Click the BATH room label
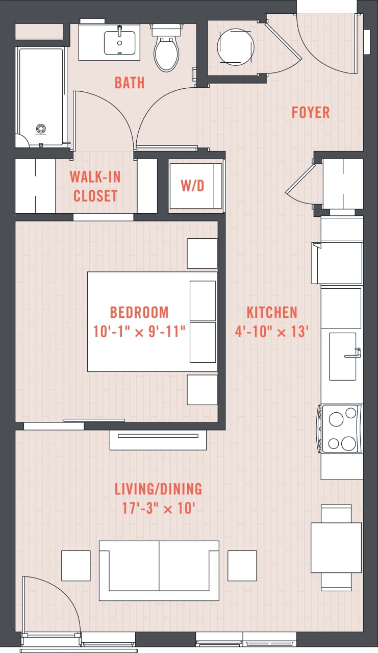click(x=130, y=83)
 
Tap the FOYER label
click(x=310, y=112)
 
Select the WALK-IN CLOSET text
click(x=95, y=186)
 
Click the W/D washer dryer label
click(x=192, y=186)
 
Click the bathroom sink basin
click(x=119, y=43)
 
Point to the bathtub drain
click(x=41, y=129)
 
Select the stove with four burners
click(x=341, y=429)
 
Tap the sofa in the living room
click(x=159, y=570)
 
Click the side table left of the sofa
click(x=75, y=565)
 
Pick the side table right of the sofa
click(x=242, y=565)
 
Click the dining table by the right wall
click(x=336, y=547)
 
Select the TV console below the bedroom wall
click(x=158, y=439)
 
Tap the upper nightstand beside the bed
click(x=202, y=253)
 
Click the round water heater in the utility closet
click(x=235, y=45)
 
